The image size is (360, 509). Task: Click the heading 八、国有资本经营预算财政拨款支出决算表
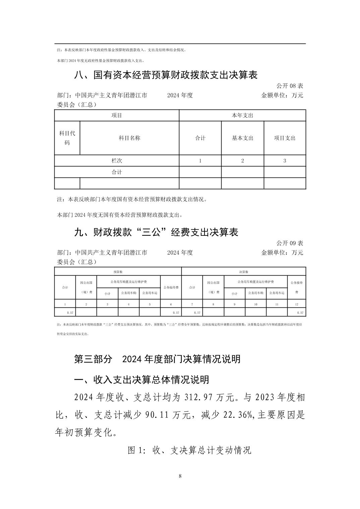[x=166, y=75]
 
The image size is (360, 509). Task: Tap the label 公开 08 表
[x=290, y=86]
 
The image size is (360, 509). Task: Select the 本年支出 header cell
[x=242, y=116]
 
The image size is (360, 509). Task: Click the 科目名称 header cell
[x=129, y=138]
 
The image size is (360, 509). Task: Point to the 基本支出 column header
[x=242, y=138]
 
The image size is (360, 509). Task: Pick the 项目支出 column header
[x=285, y=138]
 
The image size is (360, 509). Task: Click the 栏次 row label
[x=117, y=161]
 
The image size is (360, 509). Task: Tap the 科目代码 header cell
[x=67, y=138]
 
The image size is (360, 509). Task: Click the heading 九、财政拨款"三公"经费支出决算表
[x=156, y=232]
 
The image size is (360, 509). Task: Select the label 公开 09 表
[x=290, y=243]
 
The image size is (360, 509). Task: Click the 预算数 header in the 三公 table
[x=118, y=272]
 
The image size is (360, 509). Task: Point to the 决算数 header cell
[x=243, y=272]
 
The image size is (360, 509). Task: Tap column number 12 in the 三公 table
[x=297, y=304]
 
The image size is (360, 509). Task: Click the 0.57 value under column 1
[x=70, y=313]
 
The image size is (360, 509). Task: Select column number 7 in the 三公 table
[x=192, y=304]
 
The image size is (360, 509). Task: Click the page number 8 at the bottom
[x=180, y=476]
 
